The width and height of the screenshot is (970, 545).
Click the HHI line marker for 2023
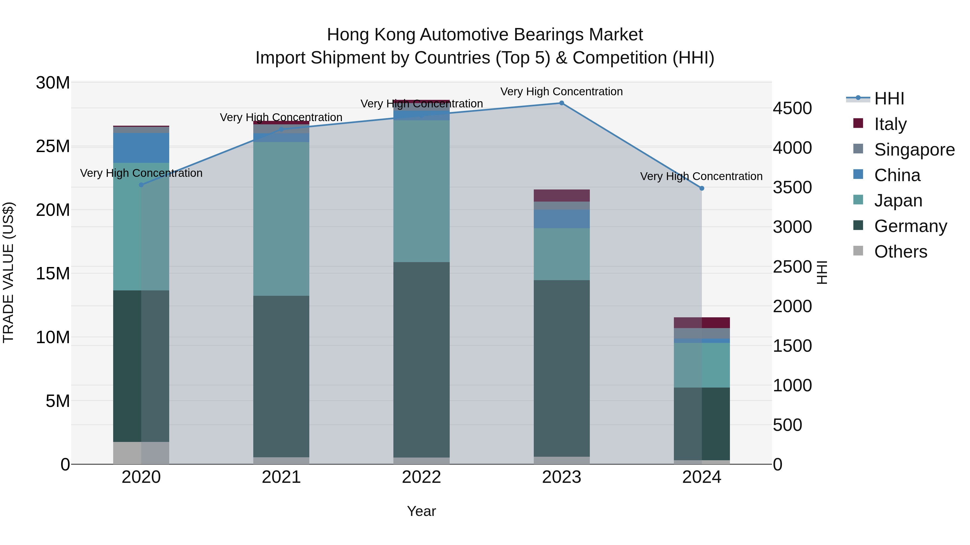[562, 103]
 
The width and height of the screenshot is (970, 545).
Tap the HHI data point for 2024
[702, 188]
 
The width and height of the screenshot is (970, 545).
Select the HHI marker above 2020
[141, 185]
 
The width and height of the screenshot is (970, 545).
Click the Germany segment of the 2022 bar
[421, 359]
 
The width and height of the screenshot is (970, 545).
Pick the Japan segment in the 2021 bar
[281, 219]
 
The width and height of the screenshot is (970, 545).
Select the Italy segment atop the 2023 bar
[562, 196]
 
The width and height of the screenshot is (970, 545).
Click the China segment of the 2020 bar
[141, 148]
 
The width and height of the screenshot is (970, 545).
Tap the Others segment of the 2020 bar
[141, 453]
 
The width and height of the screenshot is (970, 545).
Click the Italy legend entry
[890, 124]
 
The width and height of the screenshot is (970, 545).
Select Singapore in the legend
[914, 150]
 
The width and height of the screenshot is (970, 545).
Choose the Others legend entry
[900, 252]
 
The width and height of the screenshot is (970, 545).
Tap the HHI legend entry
[889, 99]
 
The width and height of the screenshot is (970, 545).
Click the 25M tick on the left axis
[53, 146]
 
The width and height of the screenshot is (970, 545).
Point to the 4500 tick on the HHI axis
[792, 108]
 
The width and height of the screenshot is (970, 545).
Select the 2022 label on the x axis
[421, 477]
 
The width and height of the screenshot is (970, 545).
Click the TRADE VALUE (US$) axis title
[9, 273]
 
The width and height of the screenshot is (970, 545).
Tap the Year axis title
[421, 511]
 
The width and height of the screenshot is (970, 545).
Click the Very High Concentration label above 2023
[562, 92]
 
